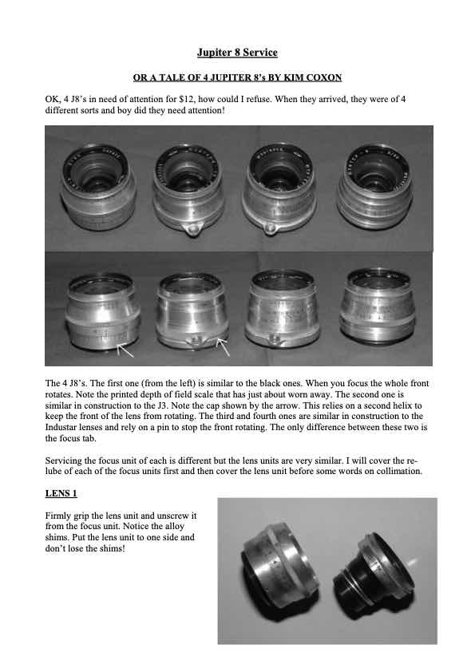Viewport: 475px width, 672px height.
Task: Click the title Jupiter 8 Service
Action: coord(237,53)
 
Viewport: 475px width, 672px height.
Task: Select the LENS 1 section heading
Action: coord(61,493)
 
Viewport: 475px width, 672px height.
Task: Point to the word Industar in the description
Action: coord(61,427)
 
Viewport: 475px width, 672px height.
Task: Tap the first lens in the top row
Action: coord(99,186)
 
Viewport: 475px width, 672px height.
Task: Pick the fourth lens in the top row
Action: coord(374,185)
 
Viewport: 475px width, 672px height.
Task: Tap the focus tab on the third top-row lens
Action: coord(269,228)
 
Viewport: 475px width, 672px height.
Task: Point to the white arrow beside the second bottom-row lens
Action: coord(223,346)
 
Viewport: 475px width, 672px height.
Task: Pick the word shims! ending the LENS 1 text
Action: coord(112,548)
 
